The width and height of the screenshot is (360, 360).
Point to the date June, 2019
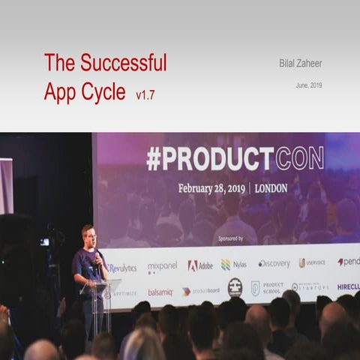tap(309, 85)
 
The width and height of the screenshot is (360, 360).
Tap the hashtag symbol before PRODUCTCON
tap(154, 159)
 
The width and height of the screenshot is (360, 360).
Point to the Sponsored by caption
tap(229, 238)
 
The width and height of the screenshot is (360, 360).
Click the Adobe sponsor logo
tap(200, 265)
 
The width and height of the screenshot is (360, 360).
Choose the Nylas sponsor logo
tap(233, 265)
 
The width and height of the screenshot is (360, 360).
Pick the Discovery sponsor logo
tap(274, 264)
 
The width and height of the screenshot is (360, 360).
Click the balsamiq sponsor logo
tap(160, 292)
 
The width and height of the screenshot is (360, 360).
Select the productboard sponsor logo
tap(200, 292)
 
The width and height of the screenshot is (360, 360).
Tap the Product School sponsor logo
tap(267, 289)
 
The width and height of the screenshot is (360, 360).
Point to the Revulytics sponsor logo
tap(121, 268)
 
